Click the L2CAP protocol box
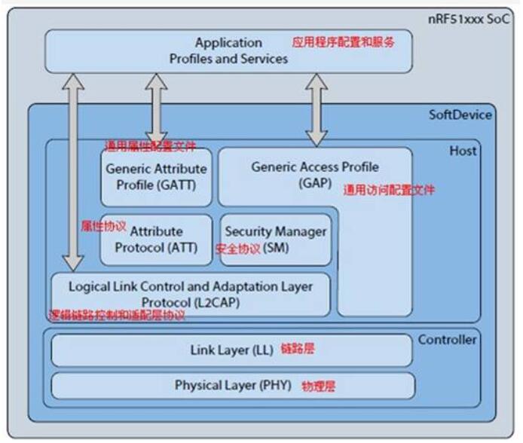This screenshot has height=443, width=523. [190, 295]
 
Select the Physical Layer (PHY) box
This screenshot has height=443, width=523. [234, 385]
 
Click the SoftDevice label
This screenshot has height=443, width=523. [460, 115]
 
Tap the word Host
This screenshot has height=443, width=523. [463, 151]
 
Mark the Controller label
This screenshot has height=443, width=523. [447, 340]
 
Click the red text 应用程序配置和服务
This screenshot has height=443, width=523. [343, 42]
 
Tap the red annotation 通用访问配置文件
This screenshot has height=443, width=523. [389, 191]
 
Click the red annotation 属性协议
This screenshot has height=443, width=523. [103, 225]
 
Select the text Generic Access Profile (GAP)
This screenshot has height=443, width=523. [315, 173]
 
